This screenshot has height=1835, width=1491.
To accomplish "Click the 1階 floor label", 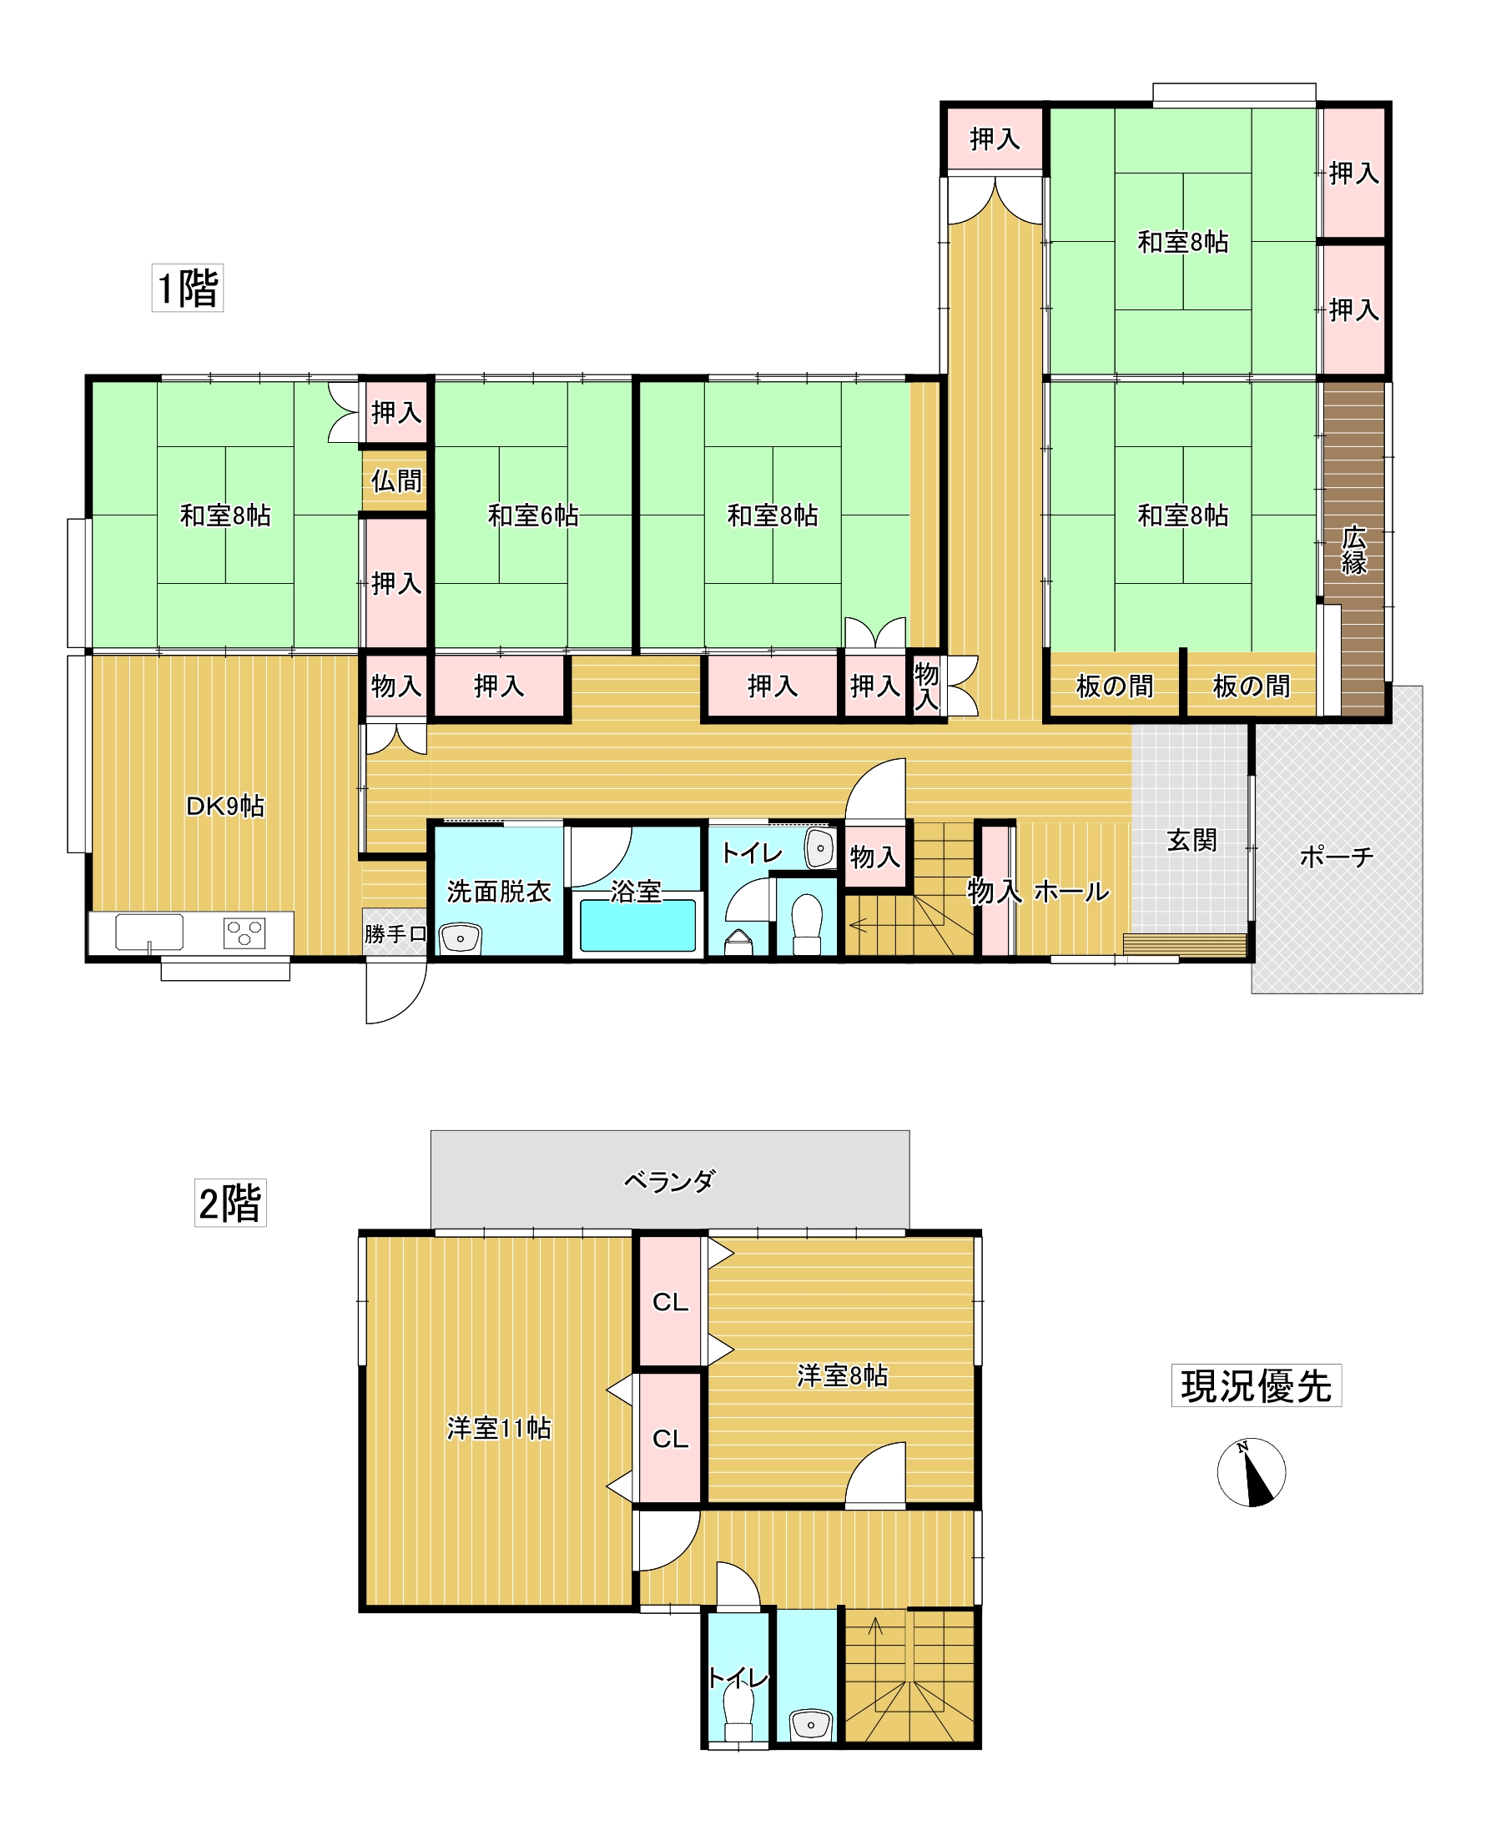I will pos(187,288).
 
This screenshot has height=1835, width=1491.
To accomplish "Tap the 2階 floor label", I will pos(229,1202).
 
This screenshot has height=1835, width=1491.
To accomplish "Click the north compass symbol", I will pos(1251,1472).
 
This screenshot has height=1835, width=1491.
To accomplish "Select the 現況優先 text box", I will pos(1255,1386).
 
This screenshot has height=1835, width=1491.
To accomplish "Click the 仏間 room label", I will pos(396,481).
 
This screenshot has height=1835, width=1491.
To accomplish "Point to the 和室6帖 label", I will pos(532,515).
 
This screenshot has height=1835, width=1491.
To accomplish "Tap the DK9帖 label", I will pos(225,806).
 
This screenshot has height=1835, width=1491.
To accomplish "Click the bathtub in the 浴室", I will pos(637,926).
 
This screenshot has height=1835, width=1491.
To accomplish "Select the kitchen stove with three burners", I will pos(244,933).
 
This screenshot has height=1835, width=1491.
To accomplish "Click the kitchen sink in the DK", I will pos(149,932).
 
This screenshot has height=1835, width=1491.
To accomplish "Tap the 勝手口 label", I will pos(395,933).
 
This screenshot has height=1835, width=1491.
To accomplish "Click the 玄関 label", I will pos(1191,840).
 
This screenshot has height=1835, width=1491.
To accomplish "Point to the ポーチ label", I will pos(1336,856).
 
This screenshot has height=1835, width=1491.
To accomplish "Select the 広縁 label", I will pos(1353,550).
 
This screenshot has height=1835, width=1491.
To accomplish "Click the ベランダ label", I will pos(669,1182).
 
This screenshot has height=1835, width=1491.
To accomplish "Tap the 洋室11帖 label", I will pos(498,1428).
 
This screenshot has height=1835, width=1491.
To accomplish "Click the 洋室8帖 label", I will pos(842,1375).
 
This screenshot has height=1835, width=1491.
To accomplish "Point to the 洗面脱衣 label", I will pos(498,892).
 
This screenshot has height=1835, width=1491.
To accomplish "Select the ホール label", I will pos(1071,892).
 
